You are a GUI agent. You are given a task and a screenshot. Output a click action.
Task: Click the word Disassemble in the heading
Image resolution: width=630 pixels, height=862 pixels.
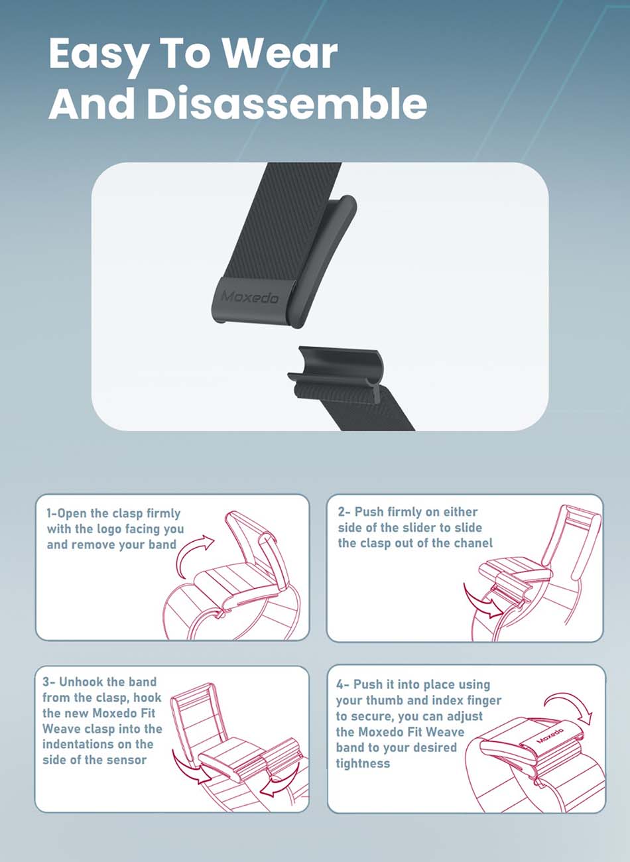[x=286, y=103]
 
